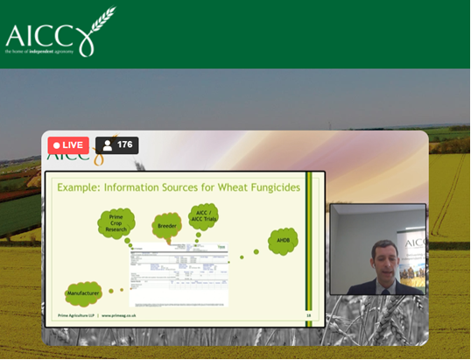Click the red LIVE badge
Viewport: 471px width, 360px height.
click(67, 145)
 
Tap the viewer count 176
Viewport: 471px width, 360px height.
click(124, 145)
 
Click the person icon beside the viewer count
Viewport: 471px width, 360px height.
click(108, 145)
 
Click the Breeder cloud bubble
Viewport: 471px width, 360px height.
click(166, 226)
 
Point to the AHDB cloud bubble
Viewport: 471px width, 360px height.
click(282, 241)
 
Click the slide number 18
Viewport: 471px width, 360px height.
click(308, 314)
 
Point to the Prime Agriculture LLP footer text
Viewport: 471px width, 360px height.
click(74, 314)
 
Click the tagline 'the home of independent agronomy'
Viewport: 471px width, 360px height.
click(39, 53)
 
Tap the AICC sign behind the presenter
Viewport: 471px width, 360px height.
click(414, 243)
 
